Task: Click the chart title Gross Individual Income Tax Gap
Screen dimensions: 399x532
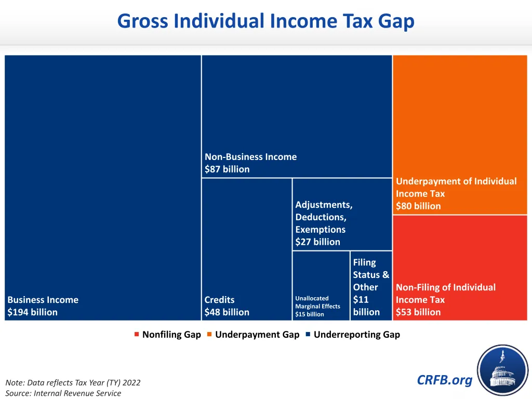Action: point(265,21)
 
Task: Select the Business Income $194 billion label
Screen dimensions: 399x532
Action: point(43,306)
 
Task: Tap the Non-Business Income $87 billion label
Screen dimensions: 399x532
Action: point(250,163)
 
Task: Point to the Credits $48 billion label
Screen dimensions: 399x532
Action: point(227,306)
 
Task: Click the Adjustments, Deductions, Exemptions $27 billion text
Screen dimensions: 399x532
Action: point(324,223)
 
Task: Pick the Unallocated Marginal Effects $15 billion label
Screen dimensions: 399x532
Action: point(317,306)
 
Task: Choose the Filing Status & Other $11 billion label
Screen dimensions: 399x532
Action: point(371,287)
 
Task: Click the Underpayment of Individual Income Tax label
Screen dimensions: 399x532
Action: point(456,194)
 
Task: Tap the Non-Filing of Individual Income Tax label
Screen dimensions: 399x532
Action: point(445,300)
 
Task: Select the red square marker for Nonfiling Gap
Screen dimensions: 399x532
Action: point(137,334)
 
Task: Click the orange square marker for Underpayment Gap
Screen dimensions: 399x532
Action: point(209,334)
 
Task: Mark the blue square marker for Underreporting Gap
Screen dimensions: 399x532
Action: point(308,334)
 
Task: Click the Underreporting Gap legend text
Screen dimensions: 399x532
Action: point(357,335)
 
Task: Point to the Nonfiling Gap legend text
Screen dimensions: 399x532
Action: point(171,335)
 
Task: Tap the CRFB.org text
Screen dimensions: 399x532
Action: point(444,380)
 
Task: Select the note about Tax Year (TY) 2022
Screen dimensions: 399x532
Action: point(73,383)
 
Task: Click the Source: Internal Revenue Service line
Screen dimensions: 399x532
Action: point(63,393)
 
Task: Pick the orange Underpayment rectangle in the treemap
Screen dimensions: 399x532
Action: point(460,119)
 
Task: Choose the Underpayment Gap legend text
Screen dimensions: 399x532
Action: point(257,335)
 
